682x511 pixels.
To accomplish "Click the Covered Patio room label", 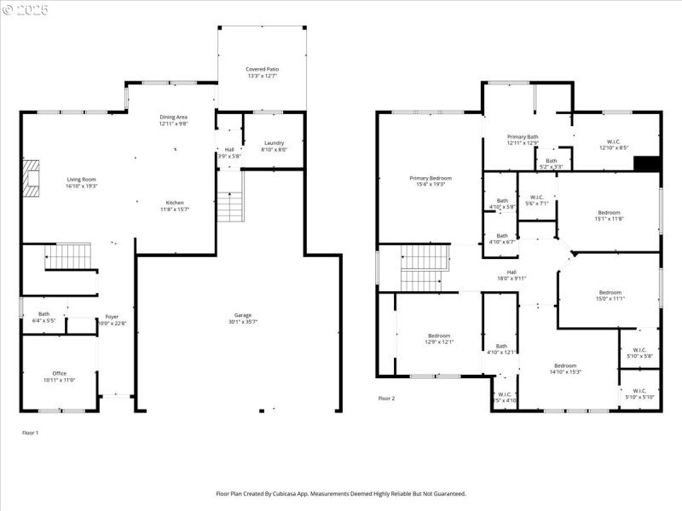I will tap(262, 69).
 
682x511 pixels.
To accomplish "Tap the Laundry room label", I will tap(274, 143).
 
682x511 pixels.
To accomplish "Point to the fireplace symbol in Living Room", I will tap(32, 178).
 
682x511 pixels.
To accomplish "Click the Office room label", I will tap(59, 373).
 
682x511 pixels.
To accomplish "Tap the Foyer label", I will tap(112, 317).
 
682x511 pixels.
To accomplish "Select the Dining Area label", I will tap(173, 117).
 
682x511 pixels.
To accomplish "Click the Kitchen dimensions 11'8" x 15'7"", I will tap(174, 210).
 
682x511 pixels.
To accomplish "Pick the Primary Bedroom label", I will tap(430, 178).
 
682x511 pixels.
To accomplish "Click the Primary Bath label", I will tap(523, 136).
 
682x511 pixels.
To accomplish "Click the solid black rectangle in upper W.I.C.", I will tap(649, 164).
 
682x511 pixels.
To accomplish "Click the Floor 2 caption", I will tap(387, 399).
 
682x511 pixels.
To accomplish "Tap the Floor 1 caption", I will tap(30, 433).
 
